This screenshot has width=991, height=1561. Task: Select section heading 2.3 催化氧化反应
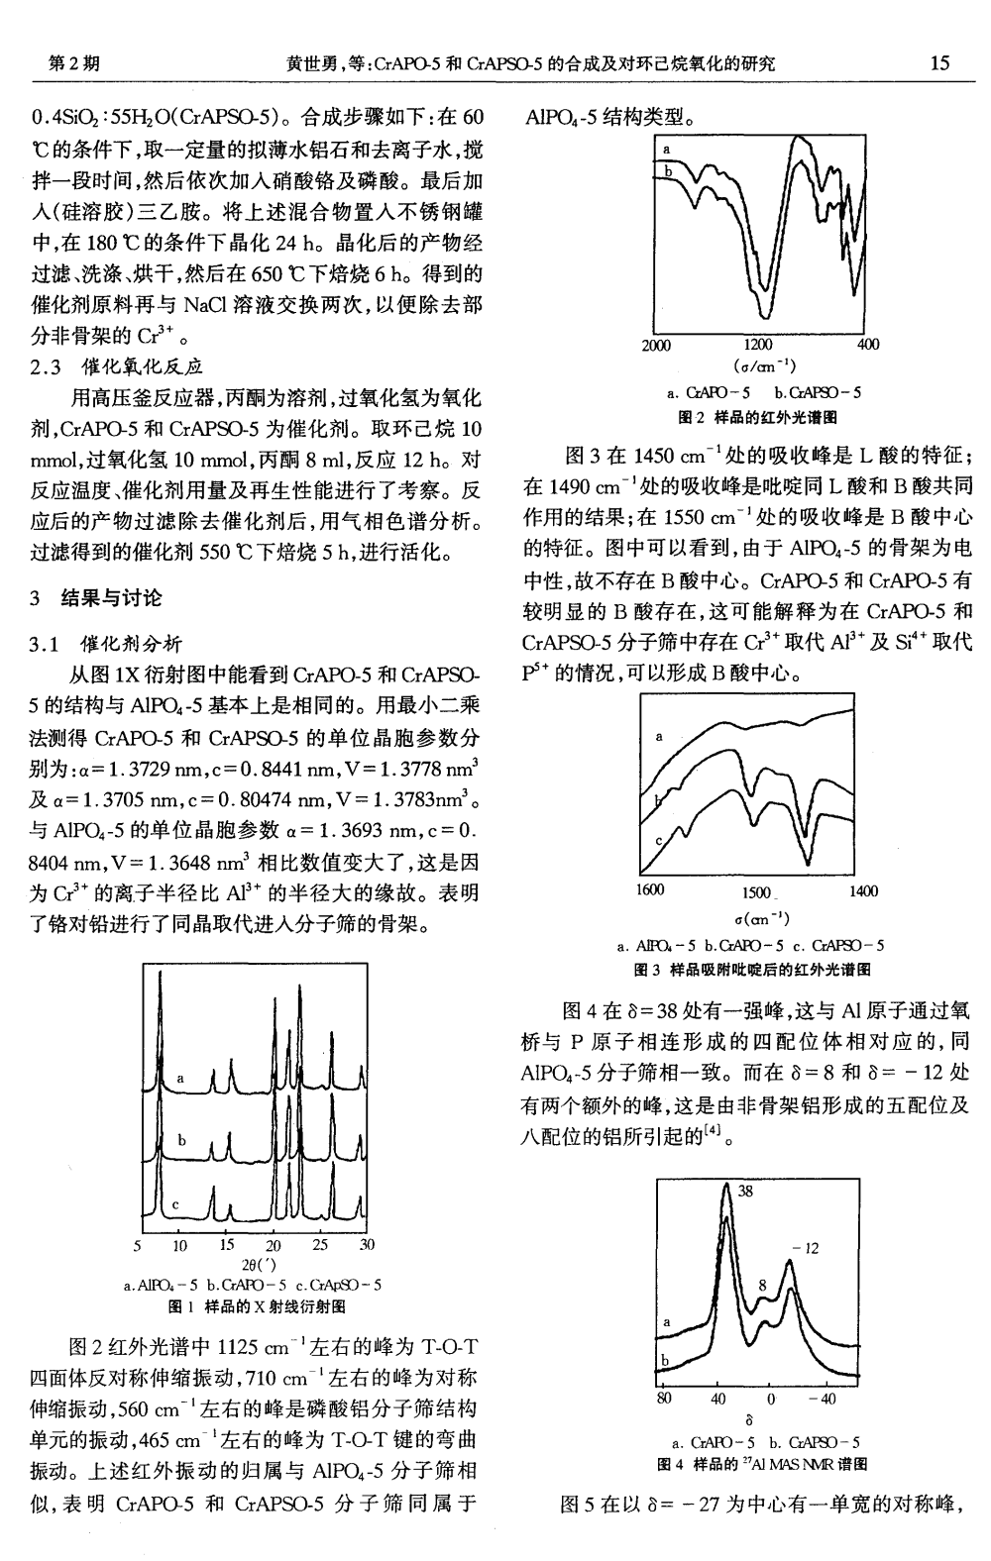click(118, 366)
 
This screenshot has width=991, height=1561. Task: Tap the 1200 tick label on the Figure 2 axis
click(757, 346)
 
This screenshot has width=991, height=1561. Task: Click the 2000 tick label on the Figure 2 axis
click(656, 346)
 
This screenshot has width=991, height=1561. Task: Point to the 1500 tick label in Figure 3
click(757, 891)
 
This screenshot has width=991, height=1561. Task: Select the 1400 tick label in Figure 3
click(863, 891)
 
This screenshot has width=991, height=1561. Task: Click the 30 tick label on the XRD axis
click(367, 1246)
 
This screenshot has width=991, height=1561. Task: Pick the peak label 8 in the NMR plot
click(761, 1286)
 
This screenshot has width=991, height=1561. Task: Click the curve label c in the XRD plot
click(175, 1204)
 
